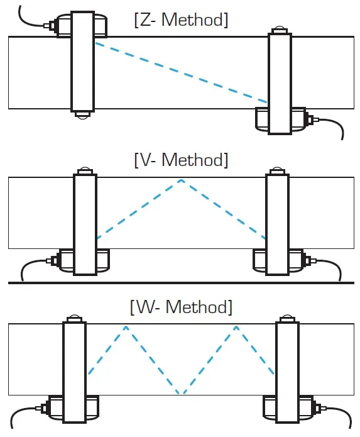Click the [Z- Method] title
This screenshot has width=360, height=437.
click(x=181, y=19)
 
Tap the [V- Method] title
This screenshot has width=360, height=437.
click(x=181, y=160)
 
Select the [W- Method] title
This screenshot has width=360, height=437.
click(x=181, y=307)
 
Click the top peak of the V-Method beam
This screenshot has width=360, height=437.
click(x=181, y=180)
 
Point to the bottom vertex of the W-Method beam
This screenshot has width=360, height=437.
click(x=181, y=393)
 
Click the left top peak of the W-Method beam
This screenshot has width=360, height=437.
click(x=126, y=326)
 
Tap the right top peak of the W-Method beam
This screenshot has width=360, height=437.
click(x=236, y=326)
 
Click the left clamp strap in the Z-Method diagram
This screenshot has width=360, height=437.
click(x=82, y=62)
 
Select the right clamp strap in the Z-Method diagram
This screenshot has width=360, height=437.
click(x=280, y=84)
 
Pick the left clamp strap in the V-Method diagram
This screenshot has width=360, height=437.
click(x=85, y=224)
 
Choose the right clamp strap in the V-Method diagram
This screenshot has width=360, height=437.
click(x=277, y=224)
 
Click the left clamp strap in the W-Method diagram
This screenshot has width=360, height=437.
click(x=74, y=372)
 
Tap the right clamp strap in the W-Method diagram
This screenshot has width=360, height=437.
click(x=287, y=372)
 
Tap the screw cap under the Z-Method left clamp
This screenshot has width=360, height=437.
click(x=83, y=116)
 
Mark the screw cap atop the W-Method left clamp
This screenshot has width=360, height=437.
click(x=74, y=318)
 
